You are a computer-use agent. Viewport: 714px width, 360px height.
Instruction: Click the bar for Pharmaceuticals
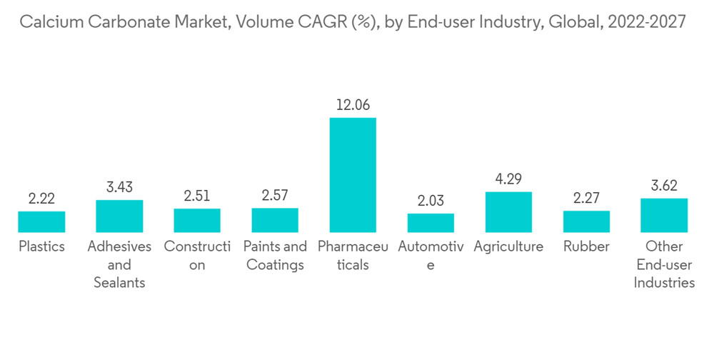353,175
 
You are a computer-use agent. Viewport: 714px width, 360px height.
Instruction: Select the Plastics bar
41,221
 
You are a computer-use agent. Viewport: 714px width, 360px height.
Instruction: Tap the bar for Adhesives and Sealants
119,216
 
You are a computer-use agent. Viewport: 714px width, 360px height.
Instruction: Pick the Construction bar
197,220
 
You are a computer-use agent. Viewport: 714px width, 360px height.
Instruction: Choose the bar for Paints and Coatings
275,220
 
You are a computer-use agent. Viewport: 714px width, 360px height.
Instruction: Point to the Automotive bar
431,223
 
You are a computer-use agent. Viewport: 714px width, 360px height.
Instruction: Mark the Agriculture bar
508,211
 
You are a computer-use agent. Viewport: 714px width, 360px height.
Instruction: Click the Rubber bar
586,221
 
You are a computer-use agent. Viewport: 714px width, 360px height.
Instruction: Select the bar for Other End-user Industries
664,215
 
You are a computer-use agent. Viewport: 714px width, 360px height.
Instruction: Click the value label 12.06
353,105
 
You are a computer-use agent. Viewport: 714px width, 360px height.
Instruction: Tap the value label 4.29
508,179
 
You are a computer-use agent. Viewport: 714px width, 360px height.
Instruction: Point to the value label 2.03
431,201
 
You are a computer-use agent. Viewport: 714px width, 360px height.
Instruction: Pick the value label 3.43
119,188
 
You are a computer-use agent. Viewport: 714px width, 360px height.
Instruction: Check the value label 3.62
664,186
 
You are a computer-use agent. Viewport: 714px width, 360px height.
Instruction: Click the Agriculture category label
508,247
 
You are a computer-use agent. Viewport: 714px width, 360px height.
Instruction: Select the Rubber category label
586,247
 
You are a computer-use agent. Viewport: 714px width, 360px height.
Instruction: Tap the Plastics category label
41,247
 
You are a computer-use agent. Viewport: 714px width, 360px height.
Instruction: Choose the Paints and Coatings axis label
275,256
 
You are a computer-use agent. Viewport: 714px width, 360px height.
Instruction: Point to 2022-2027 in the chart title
646,23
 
